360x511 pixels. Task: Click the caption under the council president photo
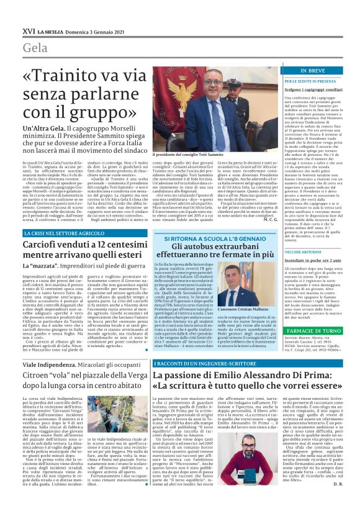click(x=178, y=153)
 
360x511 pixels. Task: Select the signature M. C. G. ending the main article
click(x=269, y=218)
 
